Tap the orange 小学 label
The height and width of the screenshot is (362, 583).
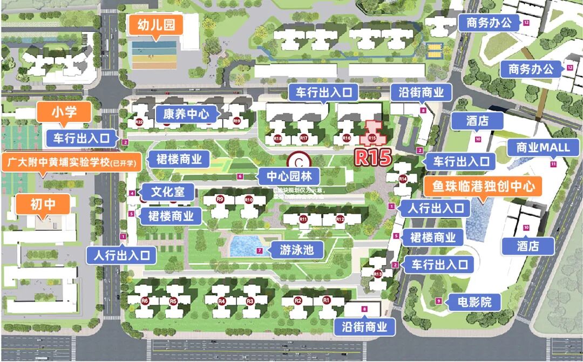[64, 112]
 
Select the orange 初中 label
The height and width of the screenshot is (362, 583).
[43, 204]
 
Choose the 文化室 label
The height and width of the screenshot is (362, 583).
[167, 192]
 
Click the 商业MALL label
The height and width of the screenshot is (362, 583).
[543, 148]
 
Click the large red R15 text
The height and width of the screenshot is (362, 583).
[372, 156]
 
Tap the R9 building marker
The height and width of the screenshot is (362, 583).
[220, 199]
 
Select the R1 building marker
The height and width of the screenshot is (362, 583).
[326, 300]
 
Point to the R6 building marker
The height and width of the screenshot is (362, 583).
[144, 300]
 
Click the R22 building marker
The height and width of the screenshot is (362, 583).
[139, 122]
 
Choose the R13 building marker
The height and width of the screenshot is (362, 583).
[378, 274]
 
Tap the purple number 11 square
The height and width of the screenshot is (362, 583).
[553, 163]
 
